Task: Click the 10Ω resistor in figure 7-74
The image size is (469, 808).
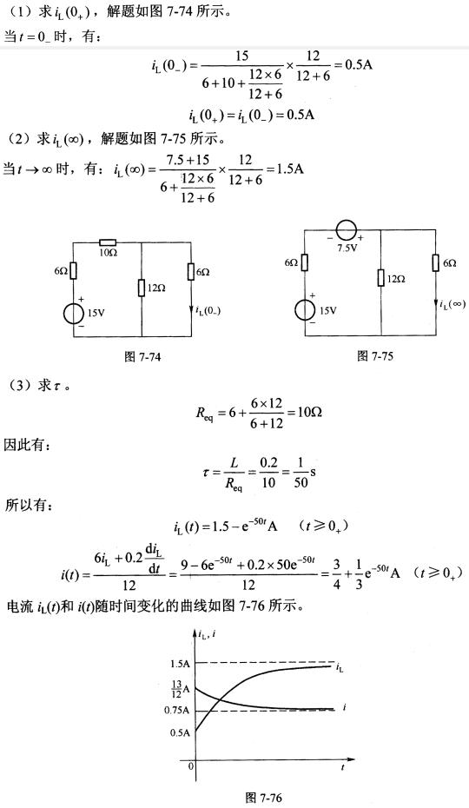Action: [x=109, y=242]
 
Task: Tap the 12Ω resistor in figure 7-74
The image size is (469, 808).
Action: [x=142, y=288]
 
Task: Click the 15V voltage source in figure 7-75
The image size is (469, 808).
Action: [x=305, y=311]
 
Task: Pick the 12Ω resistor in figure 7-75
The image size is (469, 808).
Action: [x=380, y=278]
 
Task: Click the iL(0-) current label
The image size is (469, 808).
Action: [x=208, y=310]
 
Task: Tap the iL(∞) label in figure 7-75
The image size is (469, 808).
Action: [x=453, y=305]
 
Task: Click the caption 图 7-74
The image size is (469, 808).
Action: [x=142, y=356]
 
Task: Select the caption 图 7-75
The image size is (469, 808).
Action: [x=375, y=355]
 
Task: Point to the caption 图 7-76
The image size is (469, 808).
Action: [x=263, y=798]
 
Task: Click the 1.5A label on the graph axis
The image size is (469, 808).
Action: [x=180, y=663]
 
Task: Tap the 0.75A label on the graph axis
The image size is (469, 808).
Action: [x=178, y=710]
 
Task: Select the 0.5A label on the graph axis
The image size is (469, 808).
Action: [x=180, y=732]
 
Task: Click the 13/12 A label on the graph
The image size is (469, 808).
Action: [x=180, y=687]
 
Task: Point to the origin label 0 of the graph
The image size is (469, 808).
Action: [x=191, y=766]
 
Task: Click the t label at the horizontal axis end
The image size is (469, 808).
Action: [x=342, y=767]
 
